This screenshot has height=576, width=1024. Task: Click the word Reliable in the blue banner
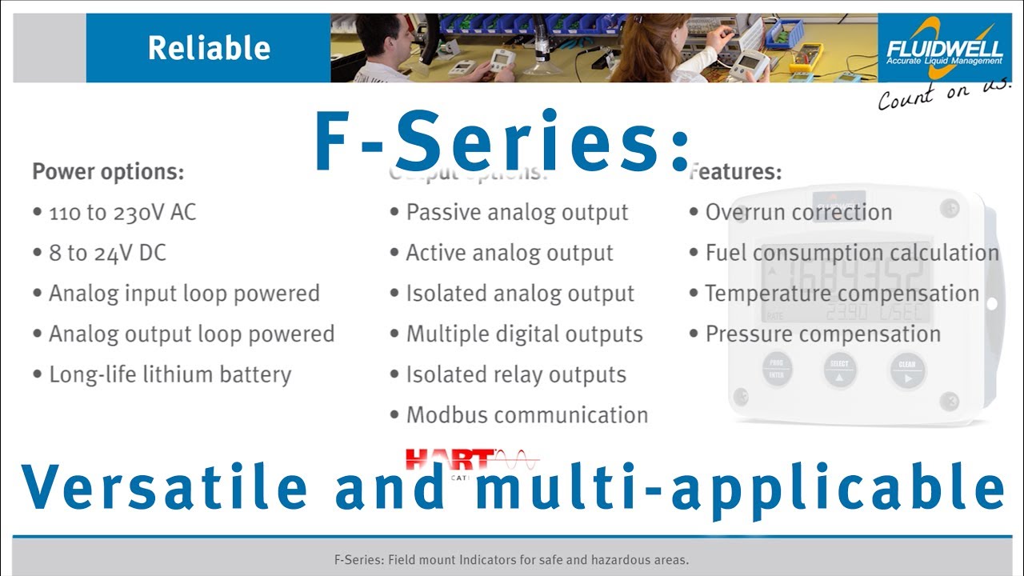(209, 48)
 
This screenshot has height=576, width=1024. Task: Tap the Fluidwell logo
(944, 48)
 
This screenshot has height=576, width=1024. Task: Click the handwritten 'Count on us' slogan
(944, 94)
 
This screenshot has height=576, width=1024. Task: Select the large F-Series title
(502, 142)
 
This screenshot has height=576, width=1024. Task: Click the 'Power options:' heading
(108, 171)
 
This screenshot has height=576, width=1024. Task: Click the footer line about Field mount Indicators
(511, 560)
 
